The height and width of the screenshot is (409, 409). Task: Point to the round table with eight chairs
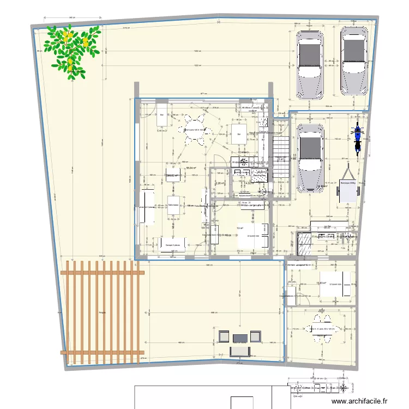pos(195,130)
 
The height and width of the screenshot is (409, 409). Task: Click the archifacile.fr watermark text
pos(362,401)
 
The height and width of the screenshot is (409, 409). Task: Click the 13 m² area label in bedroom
pos(239,228)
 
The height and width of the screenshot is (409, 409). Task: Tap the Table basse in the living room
pos(173,206)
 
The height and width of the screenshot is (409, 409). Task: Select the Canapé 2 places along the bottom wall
pos(173,245)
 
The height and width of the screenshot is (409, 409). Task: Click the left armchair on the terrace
pos(224,335)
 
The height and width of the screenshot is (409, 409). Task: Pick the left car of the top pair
pos(309,64)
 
